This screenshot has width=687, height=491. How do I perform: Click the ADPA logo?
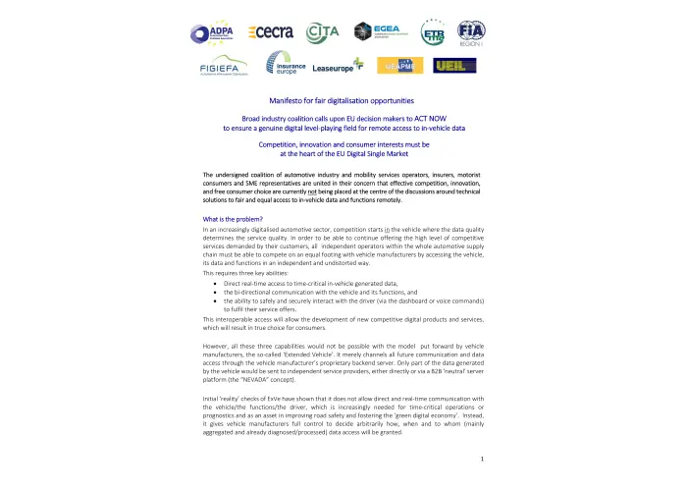point(210,32)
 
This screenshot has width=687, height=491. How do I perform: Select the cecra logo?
point(271,32)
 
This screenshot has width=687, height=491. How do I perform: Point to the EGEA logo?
point(378,32)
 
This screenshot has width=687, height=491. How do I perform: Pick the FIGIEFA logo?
point(224,67)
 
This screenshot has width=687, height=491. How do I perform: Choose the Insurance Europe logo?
point(287,66)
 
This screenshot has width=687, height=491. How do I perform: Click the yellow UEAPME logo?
point(404,66)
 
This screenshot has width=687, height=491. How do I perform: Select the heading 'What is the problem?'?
point(233,217)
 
